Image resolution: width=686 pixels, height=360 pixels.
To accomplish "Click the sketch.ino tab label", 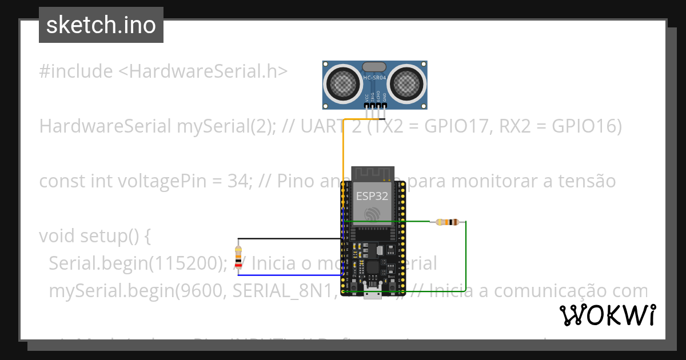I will pyautogui.click(x=101, y=25).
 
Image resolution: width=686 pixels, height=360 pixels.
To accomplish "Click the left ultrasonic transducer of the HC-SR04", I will pyautogui.click(x=345, y=84).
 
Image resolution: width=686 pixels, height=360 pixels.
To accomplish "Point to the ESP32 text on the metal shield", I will pyautogui.click(x=372, y=196).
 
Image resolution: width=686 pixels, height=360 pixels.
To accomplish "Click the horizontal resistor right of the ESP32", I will pyautogui.click(x=447, y=222).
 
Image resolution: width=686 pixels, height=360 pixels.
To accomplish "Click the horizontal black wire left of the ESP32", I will pyautogui.click(x=286, y=239).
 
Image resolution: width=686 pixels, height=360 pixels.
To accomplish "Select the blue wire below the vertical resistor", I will pyautogui.click(x=286, y=275).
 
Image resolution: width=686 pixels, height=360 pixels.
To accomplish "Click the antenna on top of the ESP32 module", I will pyautogui.click(x=373, y=172).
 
